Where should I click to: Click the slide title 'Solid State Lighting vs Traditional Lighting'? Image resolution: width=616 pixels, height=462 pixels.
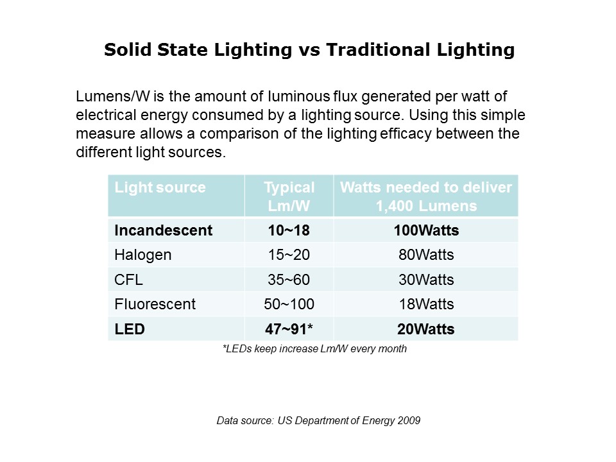point(309,50)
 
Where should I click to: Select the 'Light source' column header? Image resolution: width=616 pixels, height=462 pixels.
point(160,187)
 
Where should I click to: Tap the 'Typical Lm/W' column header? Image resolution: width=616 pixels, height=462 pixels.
point(289,196)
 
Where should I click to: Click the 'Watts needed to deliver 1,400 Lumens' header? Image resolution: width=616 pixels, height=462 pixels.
point(426,196)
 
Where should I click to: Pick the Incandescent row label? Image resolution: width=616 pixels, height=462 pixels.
point(163,230)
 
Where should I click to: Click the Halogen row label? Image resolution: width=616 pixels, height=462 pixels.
point(143,255)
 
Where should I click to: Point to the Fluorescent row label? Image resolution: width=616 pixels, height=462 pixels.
point(155,304)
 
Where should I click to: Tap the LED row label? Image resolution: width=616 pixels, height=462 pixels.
point(130,329)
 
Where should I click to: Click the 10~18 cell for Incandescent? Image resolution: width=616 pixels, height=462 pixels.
point(289,230)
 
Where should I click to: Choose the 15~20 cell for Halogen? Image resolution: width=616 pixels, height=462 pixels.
point(289,255)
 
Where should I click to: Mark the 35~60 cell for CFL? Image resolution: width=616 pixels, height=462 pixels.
point(289,280)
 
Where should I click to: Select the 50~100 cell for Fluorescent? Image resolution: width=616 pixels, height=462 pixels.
point(289,304)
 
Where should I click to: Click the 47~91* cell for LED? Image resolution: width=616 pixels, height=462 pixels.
point(289,329)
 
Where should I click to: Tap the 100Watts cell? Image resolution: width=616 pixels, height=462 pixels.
point(426,230)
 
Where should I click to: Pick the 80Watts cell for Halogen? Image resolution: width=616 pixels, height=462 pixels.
point(426,255)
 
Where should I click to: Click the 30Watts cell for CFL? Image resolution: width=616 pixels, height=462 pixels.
point(426,280)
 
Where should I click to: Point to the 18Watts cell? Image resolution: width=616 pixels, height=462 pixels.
point(426,304)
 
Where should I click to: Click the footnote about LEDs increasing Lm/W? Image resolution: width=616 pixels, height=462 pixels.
point(314,349)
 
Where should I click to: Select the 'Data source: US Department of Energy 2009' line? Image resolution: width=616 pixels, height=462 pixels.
point(318,421)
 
